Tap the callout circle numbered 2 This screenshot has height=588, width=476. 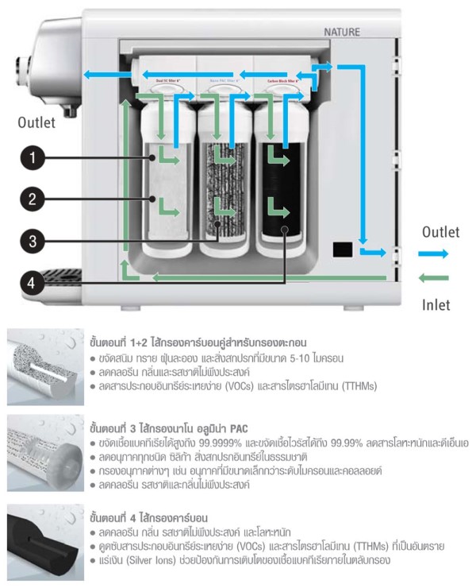[x=32, y=199]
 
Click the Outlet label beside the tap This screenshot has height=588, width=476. [x=36, y=122]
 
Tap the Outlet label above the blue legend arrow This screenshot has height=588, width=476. [x=440, y=232]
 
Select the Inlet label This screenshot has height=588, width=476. [x=436, y=304]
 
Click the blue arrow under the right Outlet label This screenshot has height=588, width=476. [x=433, y=253]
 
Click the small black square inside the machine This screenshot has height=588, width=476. [x=343, y=249]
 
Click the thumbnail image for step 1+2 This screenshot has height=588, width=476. [x=44, y=362]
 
